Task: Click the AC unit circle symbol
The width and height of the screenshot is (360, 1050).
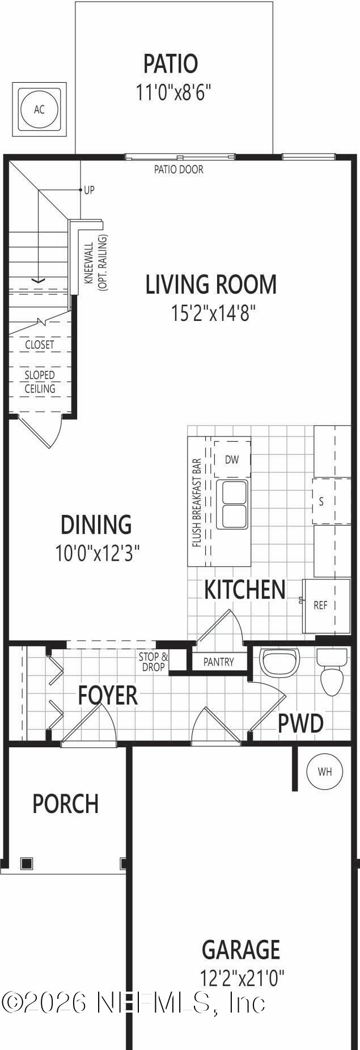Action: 39,109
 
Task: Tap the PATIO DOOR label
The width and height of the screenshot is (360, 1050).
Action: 179,169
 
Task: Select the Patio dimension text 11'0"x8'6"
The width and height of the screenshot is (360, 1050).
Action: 173,92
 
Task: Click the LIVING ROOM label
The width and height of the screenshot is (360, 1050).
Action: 211,285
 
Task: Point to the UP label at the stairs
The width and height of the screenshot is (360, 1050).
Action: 89,190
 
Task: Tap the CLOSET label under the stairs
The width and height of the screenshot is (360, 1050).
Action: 40,345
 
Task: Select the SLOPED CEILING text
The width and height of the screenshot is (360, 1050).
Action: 40,382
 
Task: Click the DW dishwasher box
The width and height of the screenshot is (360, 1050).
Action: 232,460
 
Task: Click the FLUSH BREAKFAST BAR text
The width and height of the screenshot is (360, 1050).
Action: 197,502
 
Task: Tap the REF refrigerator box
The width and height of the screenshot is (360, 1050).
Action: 321,606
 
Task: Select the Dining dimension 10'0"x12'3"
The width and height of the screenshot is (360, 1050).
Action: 98,553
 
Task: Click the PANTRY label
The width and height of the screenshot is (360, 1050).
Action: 218,662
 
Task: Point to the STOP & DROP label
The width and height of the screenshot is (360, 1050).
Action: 154,662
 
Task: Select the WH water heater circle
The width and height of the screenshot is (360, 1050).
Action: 325,771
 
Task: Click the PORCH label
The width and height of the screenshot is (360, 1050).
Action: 66,804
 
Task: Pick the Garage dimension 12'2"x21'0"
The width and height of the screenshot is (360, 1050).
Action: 242,978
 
